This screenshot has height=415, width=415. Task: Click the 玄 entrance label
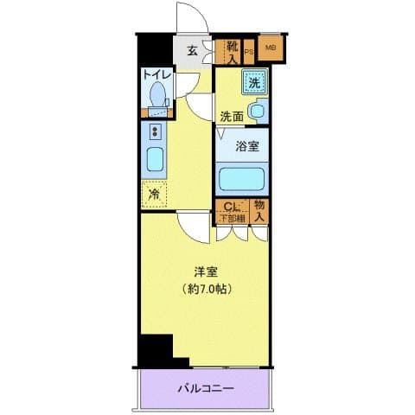(x=190, y=50)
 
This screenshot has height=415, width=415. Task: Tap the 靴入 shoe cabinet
(x=232, y=52)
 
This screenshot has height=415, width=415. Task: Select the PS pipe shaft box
(x=249, y=52)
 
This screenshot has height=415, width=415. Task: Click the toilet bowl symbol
(x=157, y=96)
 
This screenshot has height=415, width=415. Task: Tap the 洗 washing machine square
(x=255, y=84)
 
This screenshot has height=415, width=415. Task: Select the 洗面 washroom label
(x=231, y=116)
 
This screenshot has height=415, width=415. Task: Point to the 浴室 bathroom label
(x=248, y=145)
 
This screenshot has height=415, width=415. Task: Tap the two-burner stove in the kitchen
(x=155, y=132)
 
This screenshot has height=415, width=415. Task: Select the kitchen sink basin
(x=154, y=161)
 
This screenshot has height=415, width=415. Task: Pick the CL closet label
(x=230, y=207)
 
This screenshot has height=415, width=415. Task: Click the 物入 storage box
(x=259, y=211)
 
